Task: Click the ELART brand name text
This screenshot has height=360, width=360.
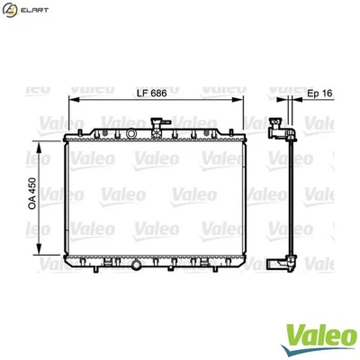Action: point(32,10)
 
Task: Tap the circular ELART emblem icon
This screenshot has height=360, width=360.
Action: point(10,10)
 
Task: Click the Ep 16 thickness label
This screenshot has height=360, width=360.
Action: point(319,94)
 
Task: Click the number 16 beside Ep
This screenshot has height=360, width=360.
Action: point(327,94)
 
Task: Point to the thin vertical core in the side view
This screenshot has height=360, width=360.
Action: point(291,198)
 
